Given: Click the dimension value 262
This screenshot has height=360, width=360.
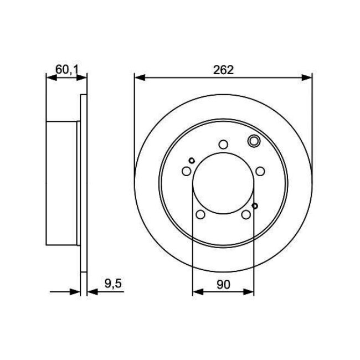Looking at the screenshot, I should coord(223,70).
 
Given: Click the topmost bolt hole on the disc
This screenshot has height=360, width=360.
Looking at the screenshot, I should coord(223,145).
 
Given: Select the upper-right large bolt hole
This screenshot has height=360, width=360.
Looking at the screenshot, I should coord(260,171).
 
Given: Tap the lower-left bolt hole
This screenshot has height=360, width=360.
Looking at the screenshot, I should coord(200,215).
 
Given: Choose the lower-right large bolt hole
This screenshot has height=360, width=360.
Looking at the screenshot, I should coord(245,215).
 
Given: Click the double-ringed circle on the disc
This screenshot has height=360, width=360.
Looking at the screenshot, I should coord(254,141).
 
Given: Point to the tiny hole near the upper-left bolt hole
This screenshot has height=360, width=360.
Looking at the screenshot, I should coord(192,161).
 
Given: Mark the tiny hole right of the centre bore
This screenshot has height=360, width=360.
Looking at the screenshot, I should coord(255,206).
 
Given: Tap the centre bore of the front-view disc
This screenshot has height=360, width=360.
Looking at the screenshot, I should coord(223,183).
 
